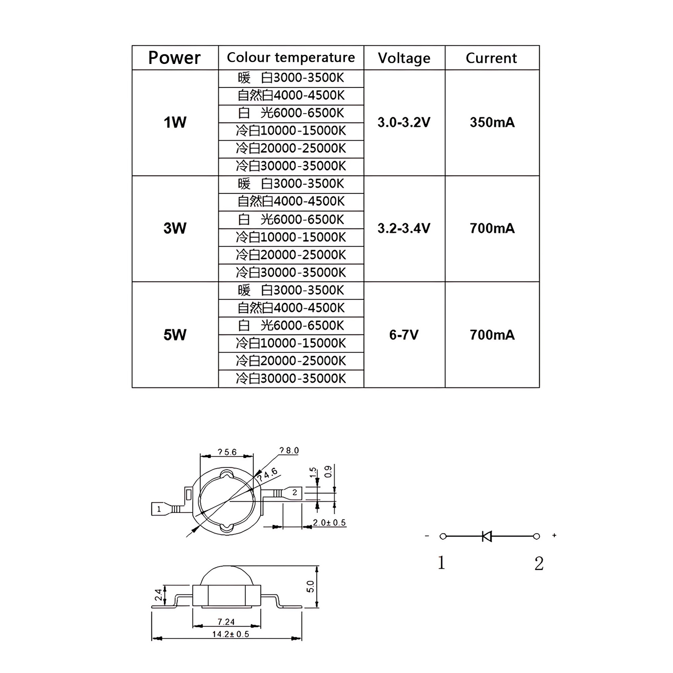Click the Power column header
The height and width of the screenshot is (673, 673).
(175, 58)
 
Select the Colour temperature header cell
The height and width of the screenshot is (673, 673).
(291, 57)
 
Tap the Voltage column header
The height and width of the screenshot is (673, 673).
(404, 58)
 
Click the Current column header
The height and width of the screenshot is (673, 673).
(491, 58)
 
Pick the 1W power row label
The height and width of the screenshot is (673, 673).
(175, 122)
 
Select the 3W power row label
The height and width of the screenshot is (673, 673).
(175, 228)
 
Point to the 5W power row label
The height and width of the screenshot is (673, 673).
(175, 335)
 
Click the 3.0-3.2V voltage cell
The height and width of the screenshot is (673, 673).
(404, 122)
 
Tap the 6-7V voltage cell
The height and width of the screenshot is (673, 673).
(404, 335)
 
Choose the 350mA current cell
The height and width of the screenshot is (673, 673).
(492, 122)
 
